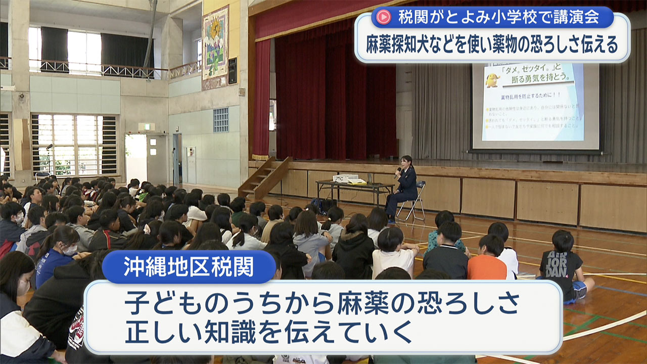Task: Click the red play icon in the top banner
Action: (x=384, y=17)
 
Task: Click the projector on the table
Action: (x=345, y=178)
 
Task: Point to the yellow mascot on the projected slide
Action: (x=492, y=80)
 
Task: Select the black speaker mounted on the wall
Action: (x=232, y=71)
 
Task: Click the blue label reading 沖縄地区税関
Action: (x=189, y=267)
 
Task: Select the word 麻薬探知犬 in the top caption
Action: (x=402, y=45)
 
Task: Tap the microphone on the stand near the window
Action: (x=49, y=147)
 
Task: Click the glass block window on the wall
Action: (x=221, y=120)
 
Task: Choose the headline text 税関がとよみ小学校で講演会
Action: (x=498, y=18)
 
